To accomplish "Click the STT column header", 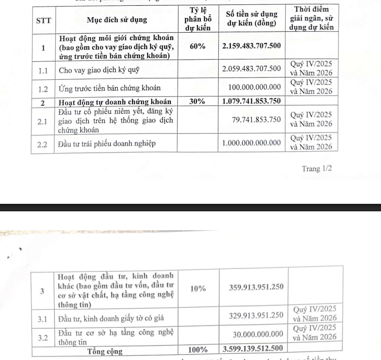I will point(44,20).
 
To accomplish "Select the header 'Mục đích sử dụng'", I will point(118,20).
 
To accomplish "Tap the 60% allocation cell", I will point(197,48).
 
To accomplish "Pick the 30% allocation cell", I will point(197,101).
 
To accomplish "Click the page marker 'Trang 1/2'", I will point(315,169).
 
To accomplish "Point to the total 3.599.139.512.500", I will point(253,350).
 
